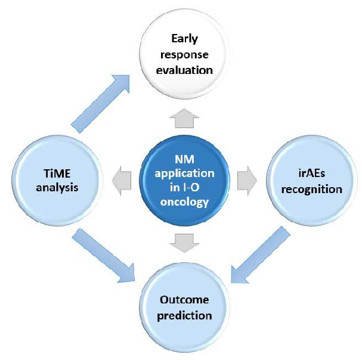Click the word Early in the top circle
tap(184, 39)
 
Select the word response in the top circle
tap(184, 55)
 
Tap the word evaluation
tap(184, 70)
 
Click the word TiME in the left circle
tap(57, 173)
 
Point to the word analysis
tap(57, 188)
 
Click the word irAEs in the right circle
tap(312, 173)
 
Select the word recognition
tap(312, 190)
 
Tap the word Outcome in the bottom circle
tap(184, 300)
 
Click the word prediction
tap(184, 316)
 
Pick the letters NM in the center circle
tap(184, 159)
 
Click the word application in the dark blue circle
tap(184, 173)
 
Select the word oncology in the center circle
tap(184, 202)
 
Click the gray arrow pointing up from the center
tap(184, 118)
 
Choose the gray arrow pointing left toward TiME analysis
tap(122, 180)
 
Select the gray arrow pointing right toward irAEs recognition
tap(247, 180)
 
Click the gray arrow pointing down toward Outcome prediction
tap(184, 243)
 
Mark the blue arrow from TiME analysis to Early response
tap(100, 104)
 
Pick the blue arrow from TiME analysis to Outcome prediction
tap(103, 255)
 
